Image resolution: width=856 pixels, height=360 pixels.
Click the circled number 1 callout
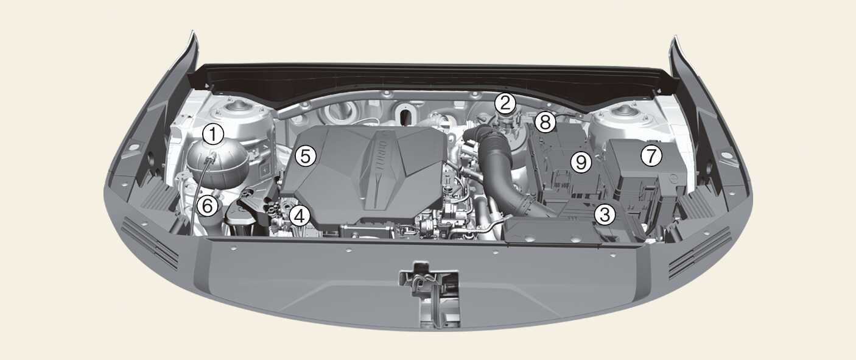(213, 135)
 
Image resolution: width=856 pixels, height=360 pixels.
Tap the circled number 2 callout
(505, 103)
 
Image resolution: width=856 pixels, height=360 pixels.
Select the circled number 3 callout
(605, 214)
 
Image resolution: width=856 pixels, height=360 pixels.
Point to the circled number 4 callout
(299, 216)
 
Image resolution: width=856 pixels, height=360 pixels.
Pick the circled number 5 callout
(306, 156)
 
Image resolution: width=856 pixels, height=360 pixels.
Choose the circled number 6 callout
(208, 206)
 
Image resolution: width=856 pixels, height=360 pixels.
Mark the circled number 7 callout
(651, 155)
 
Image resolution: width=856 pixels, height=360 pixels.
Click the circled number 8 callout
(545, 122)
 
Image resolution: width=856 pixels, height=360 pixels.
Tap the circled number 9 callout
(581, 163)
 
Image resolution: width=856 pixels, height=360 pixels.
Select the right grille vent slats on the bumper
(700, 253)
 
